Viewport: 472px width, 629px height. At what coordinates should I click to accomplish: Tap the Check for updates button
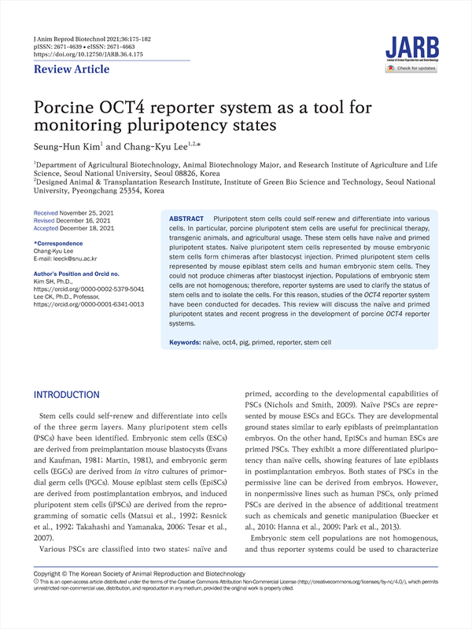click(x=411, y=69)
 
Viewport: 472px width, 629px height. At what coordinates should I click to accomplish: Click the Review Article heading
click(x=72, y=70)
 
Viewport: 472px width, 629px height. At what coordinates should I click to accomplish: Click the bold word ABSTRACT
click(x=186, y=218)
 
